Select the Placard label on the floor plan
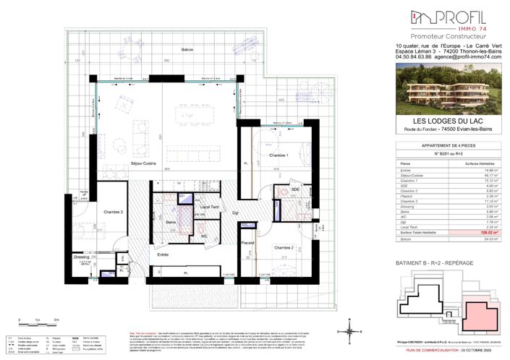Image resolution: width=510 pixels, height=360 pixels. [x=248, y=241]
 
